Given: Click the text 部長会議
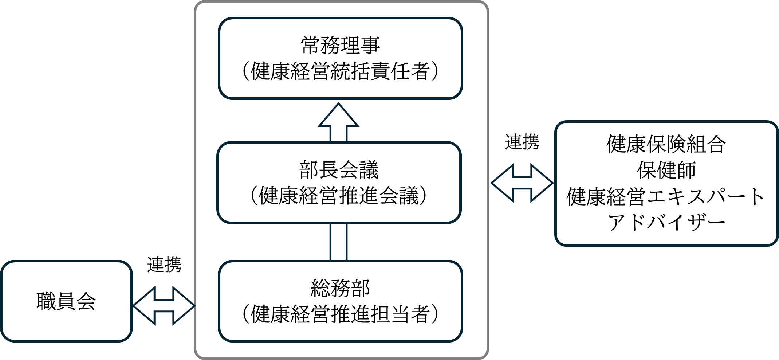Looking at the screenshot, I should pyautogui.click(x=339, y=170).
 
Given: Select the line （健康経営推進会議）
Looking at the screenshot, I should pyautogui.click(x=339, y=196).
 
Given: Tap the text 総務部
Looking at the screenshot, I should pyautogui.click(x=340, y=288).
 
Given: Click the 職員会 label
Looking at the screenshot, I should pyautogui.click(x=66, y=301).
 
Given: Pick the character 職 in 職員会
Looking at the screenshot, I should pyautogui.click(x=46, y=301).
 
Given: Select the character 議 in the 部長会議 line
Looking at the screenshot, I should pyautogui.click(x=369, y=170).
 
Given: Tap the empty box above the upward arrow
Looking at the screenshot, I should pyautogui.click(x=340, y=58).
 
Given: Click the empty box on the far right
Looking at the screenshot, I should pyautogui.click(x=666, y=183).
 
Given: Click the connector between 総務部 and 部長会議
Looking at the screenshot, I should pyautogui.click(x=338, y=242).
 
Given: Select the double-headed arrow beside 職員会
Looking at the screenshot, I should pyautogui.click(x=164, y=305).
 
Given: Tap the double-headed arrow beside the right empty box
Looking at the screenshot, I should pyautogui.click(x=522, y=183).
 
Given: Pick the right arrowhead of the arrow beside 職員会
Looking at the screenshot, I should pyautogui.click(x=184, y=305).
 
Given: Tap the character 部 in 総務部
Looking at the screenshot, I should pyautogui.click(x=360, y=288).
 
